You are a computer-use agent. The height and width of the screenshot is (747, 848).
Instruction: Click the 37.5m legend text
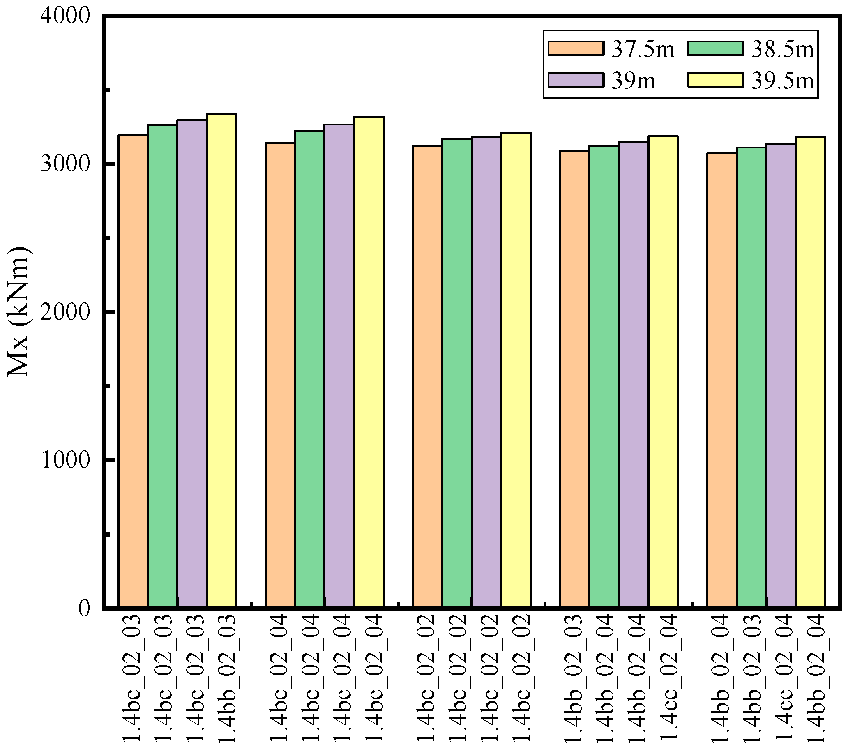[643, 49]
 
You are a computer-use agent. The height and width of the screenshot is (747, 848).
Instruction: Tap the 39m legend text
[633, 80]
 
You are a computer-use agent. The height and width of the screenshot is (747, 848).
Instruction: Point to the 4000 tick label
[65, 17]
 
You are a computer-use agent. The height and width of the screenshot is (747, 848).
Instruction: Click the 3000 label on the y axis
[65, 164]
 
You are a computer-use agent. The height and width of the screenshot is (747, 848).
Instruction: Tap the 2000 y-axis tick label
[65, 312]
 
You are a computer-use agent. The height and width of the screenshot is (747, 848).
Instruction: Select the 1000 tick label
[65, 460]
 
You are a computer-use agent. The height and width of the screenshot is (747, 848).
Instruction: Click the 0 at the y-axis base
[84, 608]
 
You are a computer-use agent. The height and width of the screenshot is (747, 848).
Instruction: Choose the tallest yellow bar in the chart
[221, 361]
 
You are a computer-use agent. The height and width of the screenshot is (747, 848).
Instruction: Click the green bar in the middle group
[457, 373]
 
